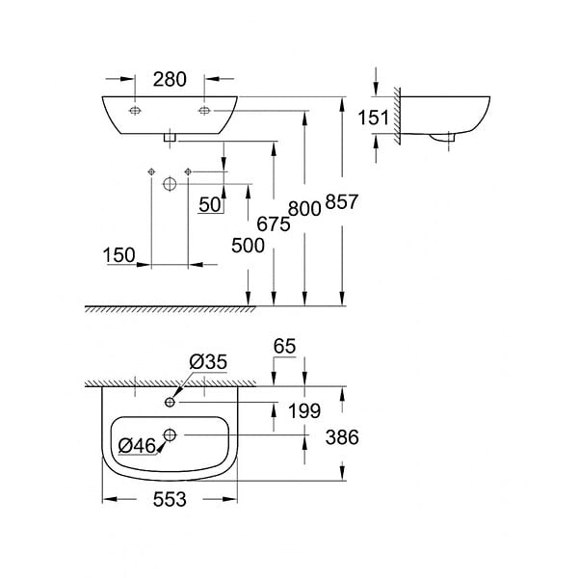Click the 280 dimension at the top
click(x=170, y=79)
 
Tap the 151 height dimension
click(x=374, y=118)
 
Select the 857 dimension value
click(x=342, y=201)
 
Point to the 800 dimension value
click(x=304, y=209)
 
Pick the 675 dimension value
click(x=274, y=223)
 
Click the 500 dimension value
click(x=249, y=246)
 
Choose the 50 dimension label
click(x=210, y=204)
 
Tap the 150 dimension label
click(x=119, y=255)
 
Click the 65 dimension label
click(x=284, y=346)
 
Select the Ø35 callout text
click(x=208, y=362)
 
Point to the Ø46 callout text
click(x=137, y=446)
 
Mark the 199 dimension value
click(x=304, y=410)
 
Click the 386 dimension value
click(x=342, y=437)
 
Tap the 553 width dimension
click(x=170, y=499)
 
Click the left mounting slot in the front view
click(x=135, y=110)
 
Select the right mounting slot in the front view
click(x=204, y=110)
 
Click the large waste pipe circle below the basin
click(x=170, y=184)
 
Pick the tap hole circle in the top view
click(x=170, y=402)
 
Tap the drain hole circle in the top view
click(x=170, y=435)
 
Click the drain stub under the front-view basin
click(x=170, y=138)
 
